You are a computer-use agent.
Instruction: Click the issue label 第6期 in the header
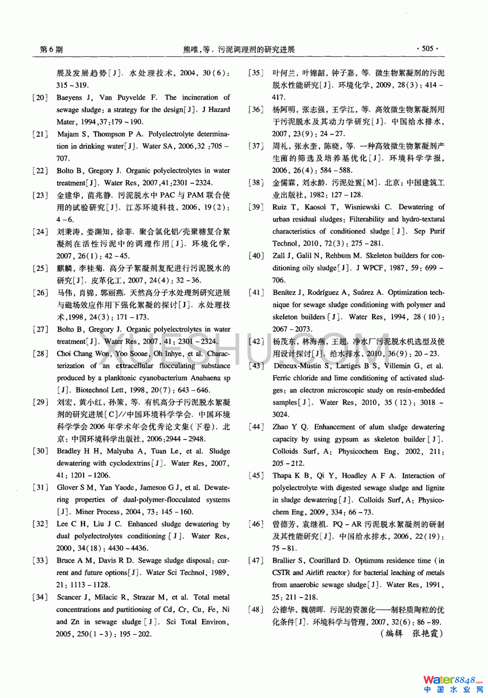point(51,49)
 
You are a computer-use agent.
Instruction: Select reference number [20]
point(40,97)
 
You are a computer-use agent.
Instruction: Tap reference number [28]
point(40,354)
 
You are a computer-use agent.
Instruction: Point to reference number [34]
point(40,597)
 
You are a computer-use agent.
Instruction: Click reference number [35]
point(256,73)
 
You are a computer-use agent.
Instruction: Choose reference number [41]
point(256,292)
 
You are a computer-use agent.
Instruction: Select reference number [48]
point(256,610)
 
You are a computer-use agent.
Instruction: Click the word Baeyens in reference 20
point(69,97)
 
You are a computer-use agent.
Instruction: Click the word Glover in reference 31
point(67,487)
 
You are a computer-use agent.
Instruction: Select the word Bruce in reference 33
point(65,561)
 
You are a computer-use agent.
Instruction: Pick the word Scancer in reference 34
point(69,597)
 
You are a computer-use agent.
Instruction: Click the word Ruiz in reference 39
point(280,207)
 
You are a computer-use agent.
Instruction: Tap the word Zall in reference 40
point(279,256)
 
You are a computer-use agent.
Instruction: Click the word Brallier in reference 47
point(284,561)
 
